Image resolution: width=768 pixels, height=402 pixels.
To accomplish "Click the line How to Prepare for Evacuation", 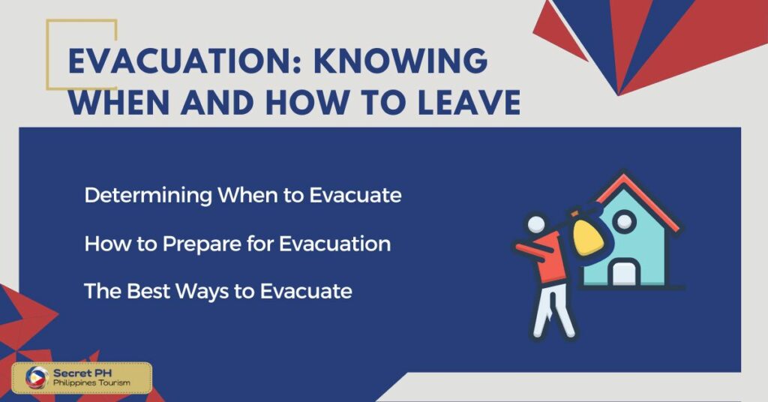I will (x=237, y=244).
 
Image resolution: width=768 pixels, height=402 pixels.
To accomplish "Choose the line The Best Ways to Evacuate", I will (x=217, y=291).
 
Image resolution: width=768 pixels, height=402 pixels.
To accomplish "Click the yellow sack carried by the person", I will (x=588, y=233).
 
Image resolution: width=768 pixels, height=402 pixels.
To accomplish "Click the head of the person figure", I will (x=536, y=224).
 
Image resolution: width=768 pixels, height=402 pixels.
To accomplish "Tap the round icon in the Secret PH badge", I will (x=37, y=378).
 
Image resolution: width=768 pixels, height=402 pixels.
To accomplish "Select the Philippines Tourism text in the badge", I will (x=90, y=383).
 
